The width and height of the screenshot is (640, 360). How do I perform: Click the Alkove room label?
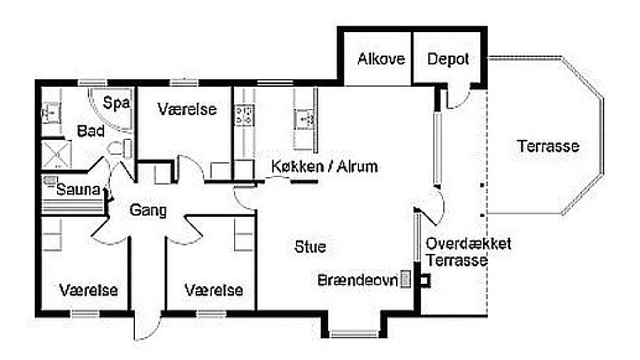point(381,59)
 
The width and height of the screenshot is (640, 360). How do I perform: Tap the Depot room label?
point(448,59)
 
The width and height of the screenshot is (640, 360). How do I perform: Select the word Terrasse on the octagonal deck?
point(548,147)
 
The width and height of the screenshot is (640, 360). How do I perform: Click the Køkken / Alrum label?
point(324,166)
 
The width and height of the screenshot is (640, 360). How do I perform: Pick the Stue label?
point(310,248)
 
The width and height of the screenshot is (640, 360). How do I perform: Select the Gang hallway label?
point(149,211)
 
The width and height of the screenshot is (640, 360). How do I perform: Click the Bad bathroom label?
point(91,132)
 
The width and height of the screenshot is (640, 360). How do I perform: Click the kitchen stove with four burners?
point(245,114)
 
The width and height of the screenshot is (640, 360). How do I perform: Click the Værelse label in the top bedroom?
point(187,110)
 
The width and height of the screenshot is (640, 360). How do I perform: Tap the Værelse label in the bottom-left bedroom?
point(89,290)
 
